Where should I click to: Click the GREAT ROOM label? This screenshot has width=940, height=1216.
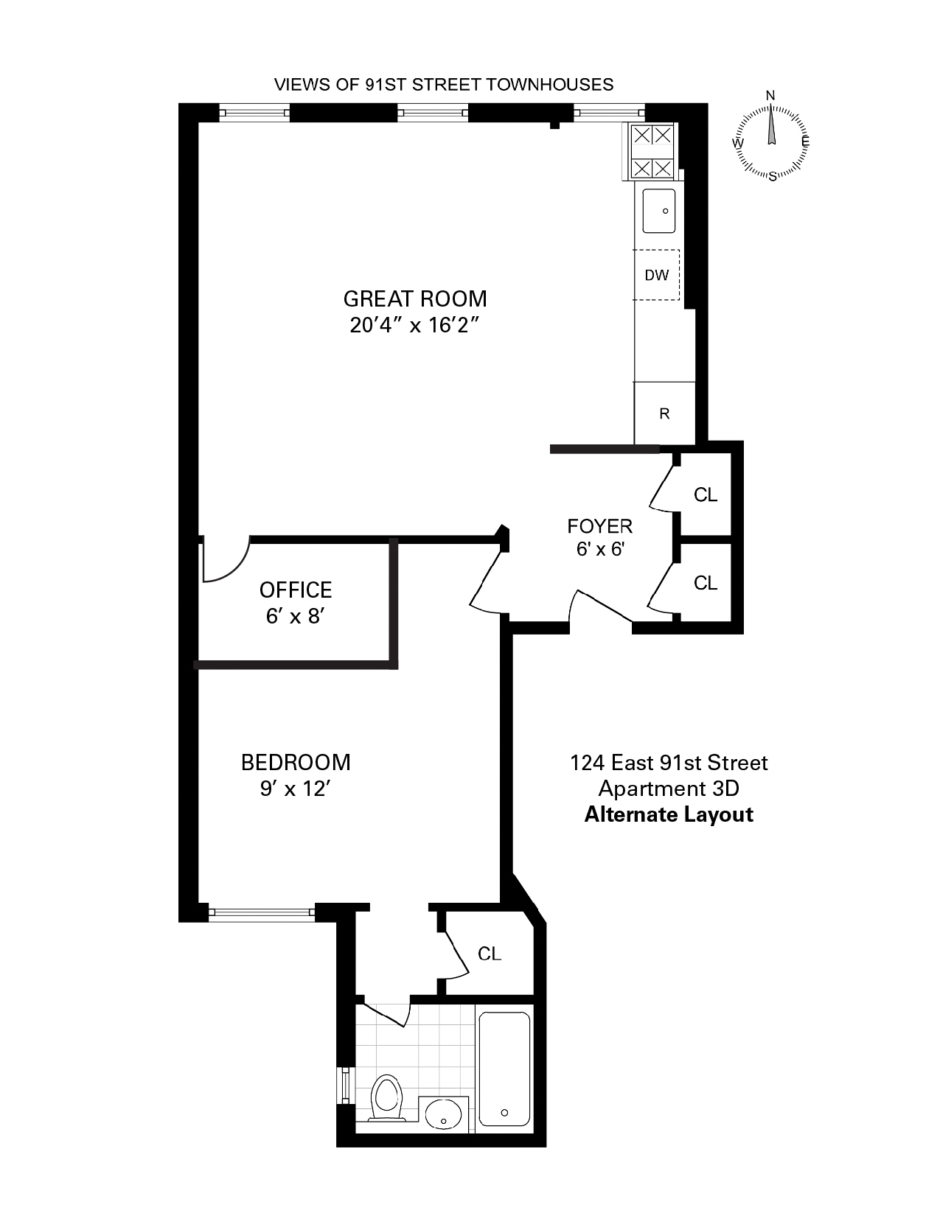point(415,298)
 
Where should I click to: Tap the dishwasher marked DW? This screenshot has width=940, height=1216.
point(657,275)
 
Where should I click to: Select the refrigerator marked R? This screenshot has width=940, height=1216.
point(664,413)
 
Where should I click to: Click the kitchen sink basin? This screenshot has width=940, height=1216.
point(658,211)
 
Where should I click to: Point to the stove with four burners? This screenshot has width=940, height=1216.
point(652,152)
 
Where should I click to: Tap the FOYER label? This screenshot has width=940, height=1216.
point(599,526)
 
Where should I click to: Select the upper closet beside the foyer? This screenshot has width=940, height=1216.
point(706,495)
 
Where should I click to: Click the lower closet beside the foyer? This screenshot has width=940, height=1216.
point(706,583)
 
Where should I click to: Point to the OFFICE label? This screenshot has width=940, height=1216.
point(296,590)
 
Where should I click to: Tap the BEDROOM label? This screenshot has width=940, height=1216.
point(296,762)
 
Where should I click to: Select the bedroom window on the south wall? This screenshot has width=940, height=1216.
point(262,912)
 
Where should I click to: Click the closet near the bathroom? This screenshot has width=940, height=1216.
point(490,954)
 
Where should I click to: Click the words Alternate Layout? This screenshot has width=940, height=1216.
point(669,815)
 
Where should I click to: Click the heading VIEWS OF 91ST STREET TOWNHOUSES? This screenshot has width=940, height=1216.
point(444,85)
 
